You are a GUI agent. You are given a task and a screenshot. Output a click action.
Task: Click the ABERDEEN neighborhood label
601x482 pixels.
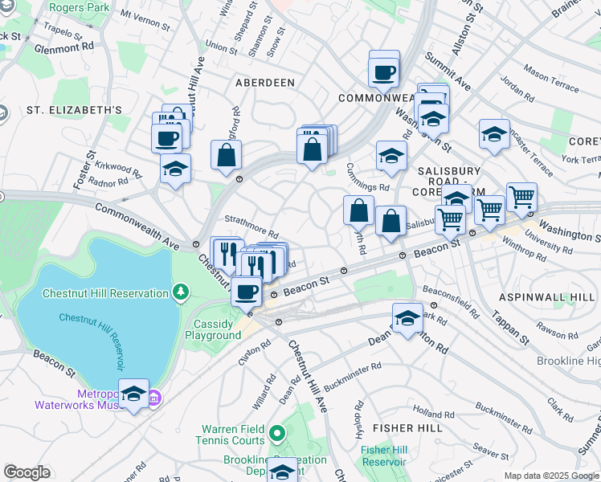[264, 83]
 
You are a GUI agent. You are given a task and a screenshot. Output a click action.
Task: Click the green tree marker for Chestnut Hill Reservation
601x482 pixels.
[182, 292]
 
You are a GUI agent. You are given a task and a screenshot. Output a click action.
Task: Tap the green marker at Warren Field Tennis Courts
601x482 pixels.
[277, 435]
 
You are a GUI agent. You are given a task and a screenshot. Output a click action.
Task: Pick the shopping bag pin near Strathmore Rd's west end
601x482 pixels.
[227, 154]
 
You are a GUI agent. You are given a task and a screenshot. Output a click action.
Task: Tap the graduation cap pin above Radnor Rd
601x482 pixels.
[174, 170]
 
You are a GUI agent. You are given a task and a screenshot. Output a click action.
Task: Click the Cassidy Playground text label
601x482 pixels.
[213, 329]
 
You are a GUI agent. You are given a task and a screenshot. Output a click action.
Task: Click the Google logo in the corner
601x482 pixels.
[27, 472]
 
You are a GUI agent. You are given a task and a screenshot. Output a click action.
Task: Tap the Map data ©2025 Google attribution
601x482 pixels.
[551, 476]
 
